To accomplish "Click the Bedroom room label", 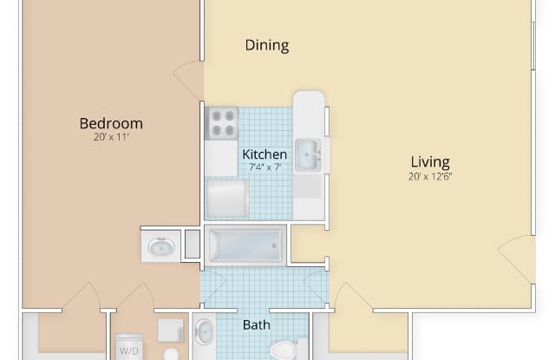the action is (111, 123).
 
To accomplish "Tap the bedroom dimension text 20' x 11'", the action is (111, 137).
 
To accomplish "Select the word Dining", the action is (267, 46).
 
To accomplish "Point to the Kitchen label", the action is (264, 154).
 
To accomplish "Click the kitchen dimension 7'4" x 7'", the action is (264, 167).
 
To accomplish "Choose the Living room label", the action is (430, 162).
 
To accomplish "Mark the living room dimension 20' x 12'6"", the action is (430, 176).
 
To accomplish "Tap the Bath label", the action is (257, 325).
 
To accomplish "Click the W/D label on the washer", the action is (129, 350).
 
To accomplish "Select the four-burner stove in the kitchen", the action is (222, 123).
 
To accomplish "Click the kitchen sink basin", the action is (306, 154).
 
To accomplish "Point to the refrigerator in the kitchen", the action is (227, 199).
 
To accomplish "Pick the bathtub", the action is (245, 245).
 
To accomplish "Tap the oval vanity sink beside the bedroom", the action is (161, 246).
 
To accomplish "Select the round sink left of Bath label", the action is (205, 331).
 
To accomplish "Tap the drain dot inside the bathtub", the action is (274, 245).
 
